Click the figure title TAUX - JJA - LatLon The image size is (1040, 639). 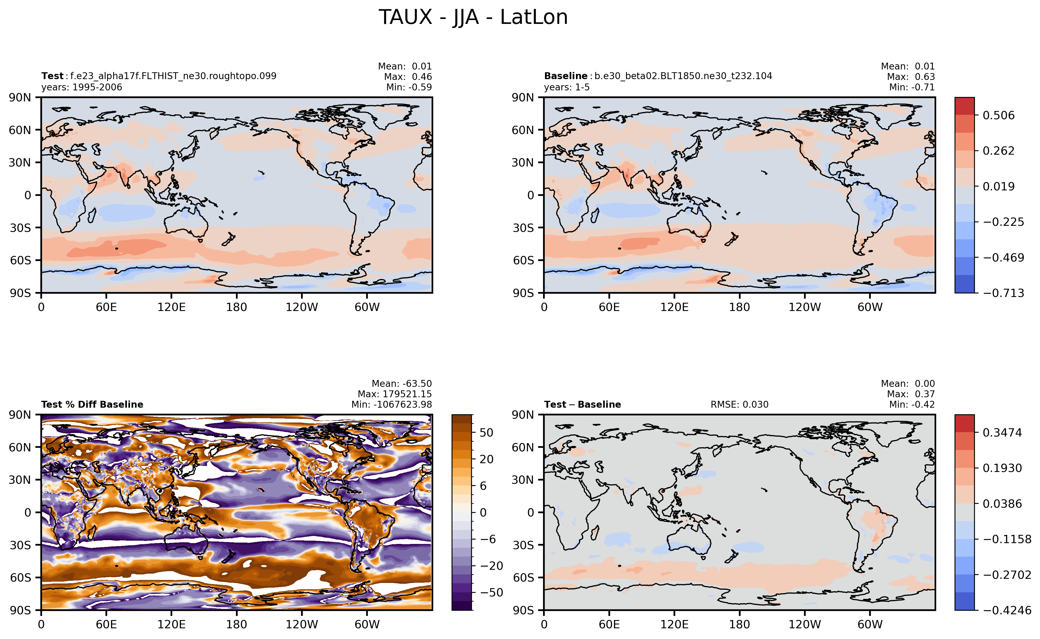[x=473, y=17]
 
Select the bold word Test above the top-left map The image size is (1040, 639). [x=52, y=76]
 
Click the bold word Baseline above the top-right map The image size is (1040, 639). [x=565, y=76]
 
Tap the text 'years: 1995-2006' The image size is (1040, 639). [x=82, y=87]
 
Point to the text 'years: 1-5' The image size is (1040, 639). [x=567, y=87]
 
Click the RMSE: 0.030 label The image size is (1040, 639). [x=739, y=404]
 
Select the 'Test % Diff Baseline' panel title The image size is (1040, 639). [x=92, y=404]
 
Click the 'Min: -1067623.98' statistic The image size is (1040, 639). [x=392, y=404]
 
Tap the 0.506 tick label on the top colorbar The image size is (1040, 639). [x=999, y=115]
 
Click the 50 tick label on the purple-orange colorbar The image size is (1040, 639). [x=486, y=432]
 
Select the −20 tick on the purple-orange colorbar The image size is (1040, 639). [x=491, y=566]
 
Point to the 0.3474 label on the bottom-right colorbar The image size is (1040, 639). [x=1002, y=432]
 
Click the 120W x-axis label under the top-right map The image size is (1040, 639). [x=805, y=307]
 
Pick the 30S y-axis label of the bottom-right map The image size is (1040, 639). [x=523, y=545]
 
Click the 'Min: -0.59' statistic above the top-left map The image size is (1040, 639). [x=409, y=87]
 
